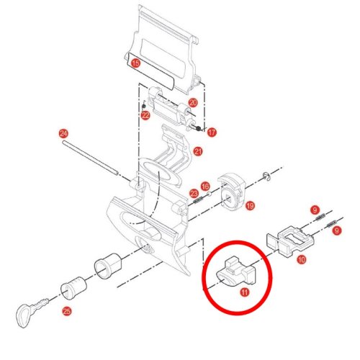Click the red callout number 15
pyautogui.click(x=135, y=63)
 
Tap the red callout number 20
pyautogui.click(x=193, y=103)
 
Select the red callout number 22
pyautogui.click(x=145, y=115)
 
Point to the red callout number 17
pyautogui.click(x=212, y=132)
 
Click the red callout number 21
pyautogui.click(x=198, y=151)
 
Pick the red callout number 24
pyautogui.click(x=63, y=133)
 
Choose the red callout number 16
pyautogui.click(x=205, y=186)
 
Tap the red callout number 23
pyautogui.click(x=194, y=194)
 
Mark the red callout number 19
pyautogui.click(x=250, y=206)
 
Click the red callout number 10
pyautogui.click(x=302, y=259)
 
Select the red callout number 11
pyautogui.click(x=245, y=292)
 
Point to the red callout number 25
pyautogui.click(x=67, y=311)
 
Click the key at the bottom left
pyautogui.click(x=31, y=312)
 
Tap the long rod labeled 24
pyautogui.click(x=90, y=157)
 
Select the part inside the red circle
pyautogui.click(x=236, y=272)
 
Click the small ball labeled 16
pyautogui.click(x=209, y=194)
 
